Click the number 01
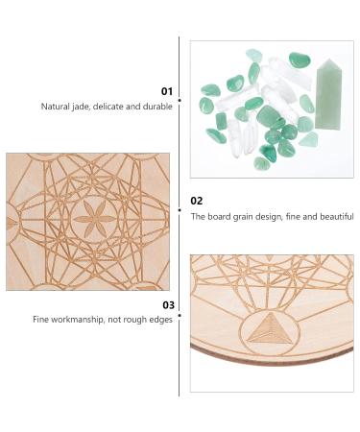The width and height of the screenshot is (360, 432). pos(167,91)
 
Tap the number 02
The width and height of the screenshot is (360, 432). pos(197,201)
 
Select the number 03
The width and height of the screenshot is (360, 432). pos(168,305)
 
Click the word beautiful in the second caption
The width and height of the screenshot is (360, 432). pos(337,216)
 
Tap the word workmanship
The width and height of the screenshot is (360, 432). pos(77,320)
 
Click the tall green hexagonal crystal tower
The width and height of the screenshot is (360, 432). pos(328,94)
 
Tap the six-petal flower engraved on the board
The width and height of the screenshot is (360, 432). pos(95,219)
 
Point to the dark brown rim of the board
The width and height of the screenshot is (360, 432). pos(272,361)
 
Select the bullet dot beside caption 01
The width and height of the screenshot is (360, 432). pos(180,100)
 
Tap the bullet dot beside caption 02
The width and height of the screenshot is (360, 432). pos(180,210)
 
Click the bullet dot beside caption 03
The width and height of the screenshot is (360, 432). pos(180,316)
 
